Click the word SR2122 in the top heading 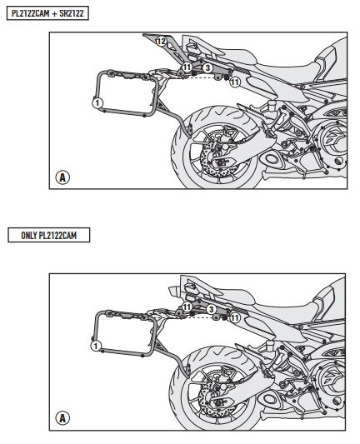pyautogui.click(x=72, y=13)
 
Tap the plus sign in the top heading pyautogui.click(x=54, y=13)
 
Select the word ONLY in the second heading pyautogui.click(x=29, y=235)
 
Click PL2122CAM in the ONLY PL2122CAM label pyautogui.click(x=57, y=235)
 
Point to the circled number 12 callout pyautogui.click(x=161, y=42)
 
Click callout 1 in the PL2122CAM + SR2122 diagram pyautogui.click(x=97, y=102)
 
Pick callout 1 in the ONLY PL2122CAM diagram pyautogui.click(x=96, y=346)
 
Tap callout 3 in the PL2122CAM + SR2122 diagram pyautogui.click(x=207, y=68)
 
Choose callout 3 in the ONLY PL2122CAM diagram pyautogui.click(x=211, y=309)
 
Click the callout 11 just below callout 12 pyautogui.click(x=187, y=67)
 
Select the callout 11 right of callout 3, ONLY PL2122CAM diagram pyautogui.click(x=234, y=317)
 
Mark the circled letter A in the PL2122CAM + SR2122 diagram pyautogui.click(x=62, y=177)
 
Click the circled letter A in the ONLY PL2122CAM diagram pyautogui.click(x=62, y=418)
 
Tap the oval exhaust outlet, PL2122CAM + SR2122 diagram pyautogui.click(x=272, y=159)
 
